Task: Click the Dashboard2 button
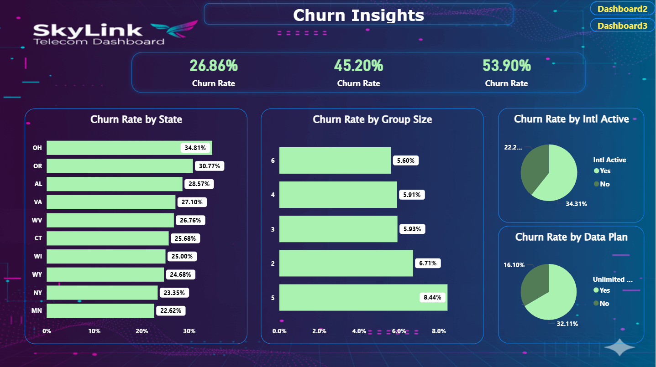(623, 9)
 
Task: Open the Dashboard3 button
(623, 26)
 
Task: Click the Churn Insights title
(358, 15)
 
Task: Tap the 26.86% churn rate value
(214, 66)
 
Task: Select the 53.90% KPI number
(507, 66)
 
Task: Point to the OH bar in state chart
(114, 148)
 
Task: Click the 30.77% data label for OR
(209, 166)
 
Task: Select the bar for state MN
(100, 311)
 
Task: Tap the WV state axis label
(37, 221)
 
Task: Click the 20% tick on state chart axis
(142, 331)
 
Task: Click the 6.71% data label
(428, 263)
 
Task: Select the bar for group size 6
(335, 160)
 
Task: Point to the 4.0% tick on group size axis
(359, 331)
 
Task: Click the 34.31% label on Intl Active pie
(576, 204)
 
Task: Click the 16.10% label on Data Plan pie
(514, 265)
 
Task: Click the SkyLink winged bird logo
(175, 30)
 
